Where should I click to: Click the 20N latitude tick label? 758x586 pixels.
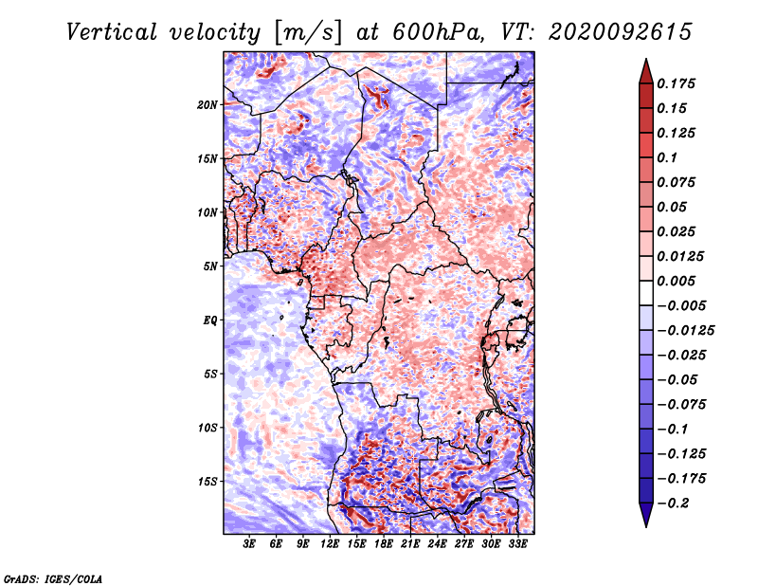[207, 105]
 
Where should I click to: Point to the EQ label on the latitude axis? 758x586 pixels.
[209, 320]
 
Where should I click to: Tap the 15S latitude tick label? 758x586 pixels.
[208, 482]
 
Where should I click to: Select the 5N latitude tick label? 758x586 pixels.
[210, 266]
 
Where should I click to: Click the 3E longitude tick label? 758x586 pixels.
[249, 543]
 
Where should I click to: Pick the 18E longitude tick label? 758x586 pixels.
[384, 543]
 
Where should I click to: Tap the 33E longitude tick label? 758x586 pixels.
[517, 543]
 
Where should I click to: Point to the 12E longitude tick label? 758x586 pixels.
[330, 543]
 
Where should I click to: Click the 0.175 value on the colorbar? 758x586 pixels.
[676, 83]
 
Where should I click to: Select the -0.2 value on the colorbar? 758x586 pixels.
[673, 504]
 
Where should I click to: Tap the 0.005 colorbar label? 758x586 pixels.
[676, 281]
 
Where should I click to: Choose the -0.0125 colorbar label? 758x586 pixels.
[685, 331]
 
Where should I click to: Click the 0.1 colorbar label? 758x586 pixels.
[667, 157]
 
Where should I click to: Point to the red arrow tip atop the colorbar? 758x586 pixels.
[646, 60]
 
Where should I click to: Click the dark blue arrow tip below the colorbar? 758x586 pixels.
[646, 526]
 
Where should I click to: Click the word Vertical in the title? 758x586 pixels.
[112, 32]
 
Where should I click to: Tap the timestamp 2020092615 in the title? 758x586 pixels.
[621, 32]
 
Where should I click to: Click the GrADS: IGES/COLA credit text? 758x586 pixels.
[53, 578]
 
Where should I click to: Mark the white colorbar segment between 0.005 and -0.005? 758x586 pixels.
[646, 293]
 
